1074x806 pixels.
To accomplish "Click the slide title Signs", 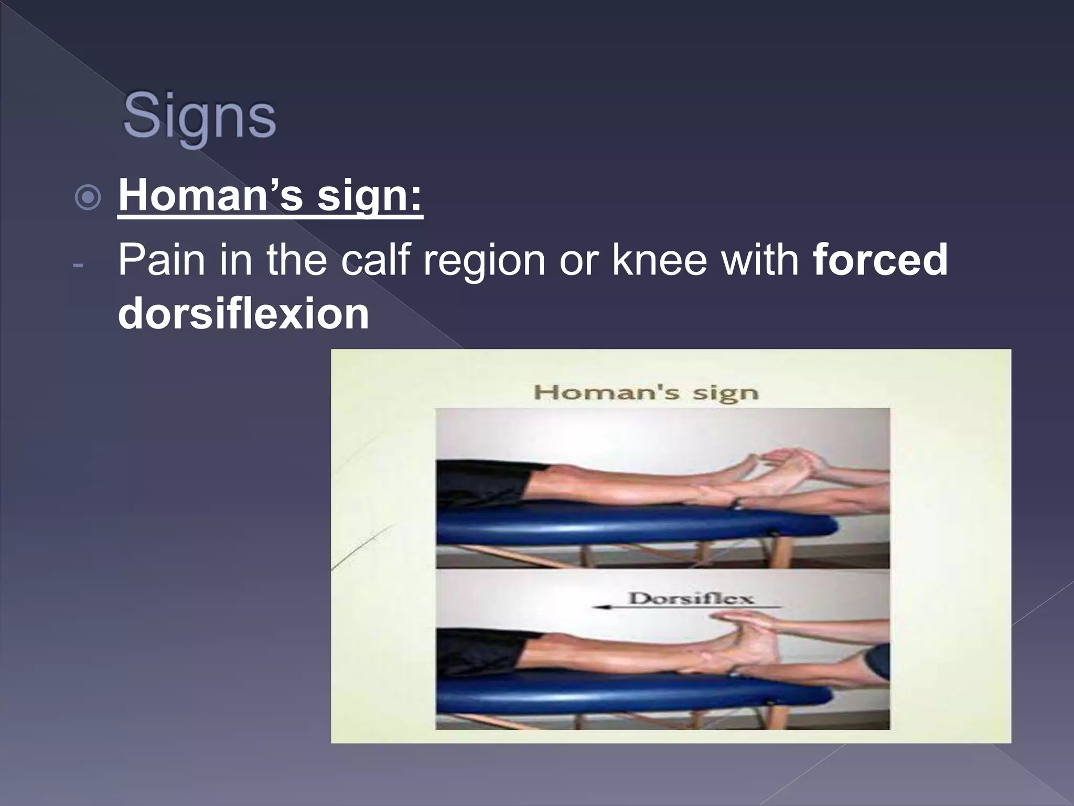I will pyautogui.click(x=199, y=116).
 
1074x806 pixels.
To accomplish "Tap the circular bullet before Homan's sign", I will pyautogui.click(x=88, y=198).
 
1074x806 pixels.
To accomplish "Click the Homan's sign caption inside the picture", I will pyautogui.click(x=646, y=393).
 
